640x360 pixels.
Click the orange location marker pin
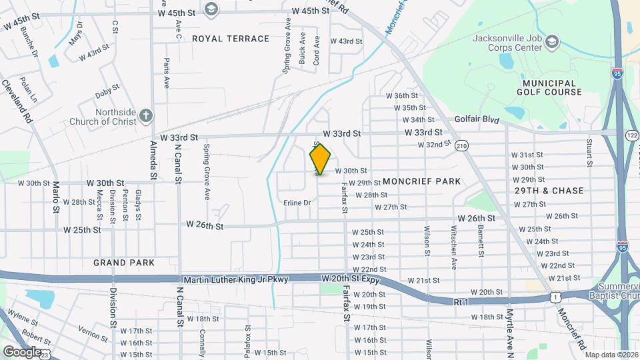click(320, 159)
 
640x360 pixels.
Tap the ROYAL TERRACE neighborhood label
click(231, 39)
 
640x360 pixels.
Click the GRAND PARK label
click(124, 263)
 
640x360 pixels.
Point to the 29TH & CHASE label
click(549, 191)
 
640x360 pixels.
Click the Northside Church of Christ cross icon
click(146, 117)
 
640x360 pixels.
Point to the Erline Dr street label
click(297, 203)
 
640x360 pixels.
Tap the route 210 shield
click(462, 145)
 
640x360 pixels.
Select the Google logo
click(21, 351)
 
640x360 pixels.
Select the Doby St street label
click(107, 87)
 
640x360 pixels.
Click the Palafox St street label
click(247, 339)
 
